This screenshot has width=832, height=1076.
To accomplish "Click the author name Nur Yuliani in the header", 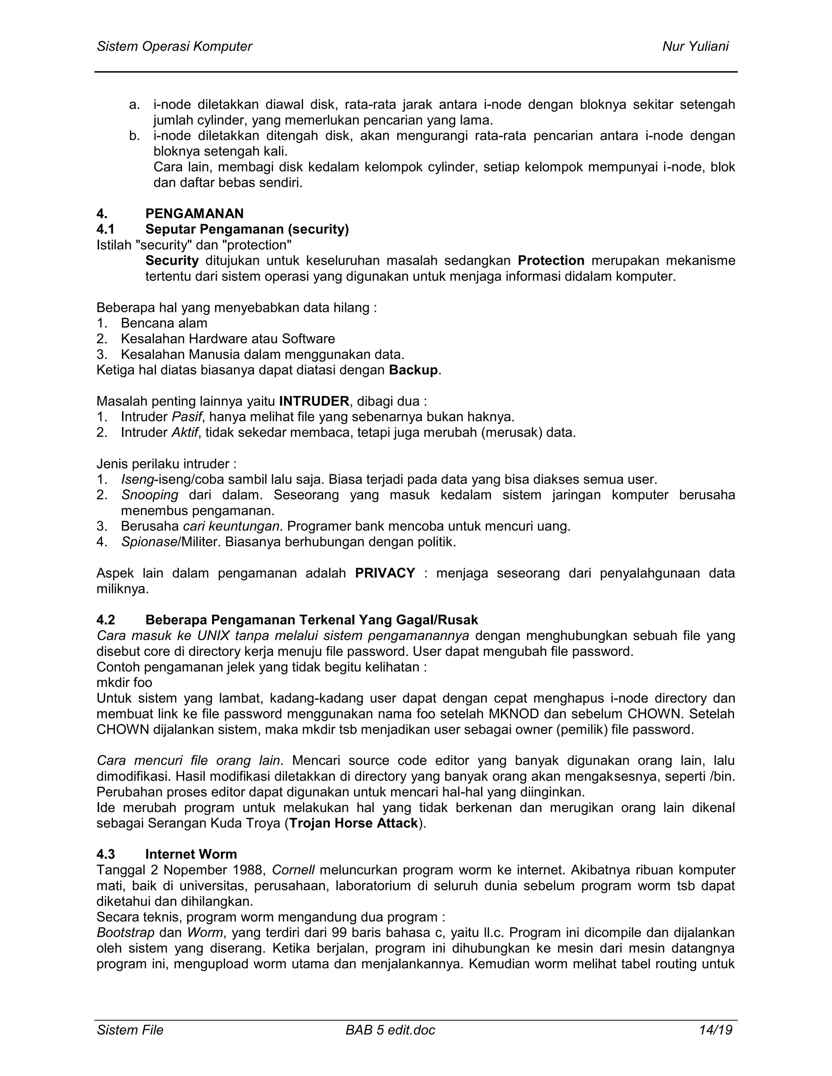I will click(695, 46).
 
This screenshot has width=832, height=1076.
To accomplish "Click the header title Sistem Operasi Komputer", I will click(174, 46).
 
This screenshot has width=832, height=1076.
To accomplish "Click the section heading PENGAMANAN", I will click(194, 213).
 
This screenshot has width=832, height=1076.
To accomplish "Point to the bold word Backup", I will click(413, 370).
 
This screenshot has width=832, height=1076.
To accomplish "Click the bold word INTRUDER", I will click(314, 401).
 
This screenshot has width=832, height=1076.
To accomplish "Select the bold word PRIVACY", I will click(385, 573).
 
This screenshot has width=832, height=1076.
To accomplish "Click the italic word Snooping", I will click(150, 495).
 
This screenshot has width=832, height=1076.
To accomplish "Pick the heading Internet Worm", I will click(191, 854).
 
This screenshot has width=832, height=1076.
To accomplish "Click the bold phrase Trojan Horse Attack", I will click(353, 823).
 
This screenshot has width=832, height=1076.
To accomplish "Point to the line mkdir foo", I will click(124, 683).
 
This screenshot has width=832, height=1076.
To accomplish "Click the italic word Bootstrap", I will click(126, 933).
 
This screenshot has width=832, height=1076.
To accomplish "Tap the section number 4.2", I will click(106, 619).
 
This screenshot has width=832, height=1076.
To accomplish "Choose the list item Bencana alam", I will click(164, 323).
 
